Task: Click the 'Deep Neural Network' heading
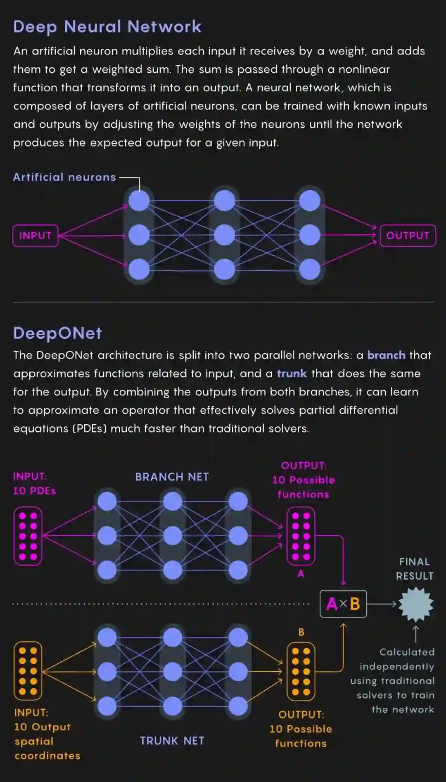[x=107, y=27]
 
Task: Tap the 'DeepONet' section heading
[x=57, y=333]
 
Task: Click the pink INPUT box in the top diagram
[x=35, y=235]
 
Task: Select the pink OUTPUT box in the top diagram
[x=408, y=235]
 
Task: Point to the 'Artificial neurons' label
[x=64, y=177]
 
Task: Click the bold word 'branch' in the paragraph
[x=386, y=355]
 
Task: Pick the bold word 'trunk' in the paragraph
[x=292, y=373]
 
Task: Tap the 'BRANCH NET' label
[x=172, y=477]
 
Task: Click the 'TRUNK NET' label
[x=172, y=741]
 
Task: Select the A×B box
[x=343, y=604]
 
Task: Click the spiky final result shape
[x=416, y=604]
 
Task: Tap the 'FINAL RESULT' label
[x=415, y=569]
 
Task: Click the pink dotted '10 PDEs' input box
[x=28, y=536]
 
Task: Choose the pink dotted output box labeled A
[x=301, y=536]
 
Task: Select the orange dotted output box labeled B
[x=301, y=671]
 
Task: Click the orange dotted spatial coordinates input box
[x=28, y=670]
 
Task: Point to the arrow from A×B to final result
[x=382, y=604]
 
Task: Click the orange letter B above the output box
[x=301, y=632]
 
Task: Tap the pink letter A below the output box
[x=301, y=573]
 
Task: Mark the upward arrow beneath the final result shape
[x=416, y=634]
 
